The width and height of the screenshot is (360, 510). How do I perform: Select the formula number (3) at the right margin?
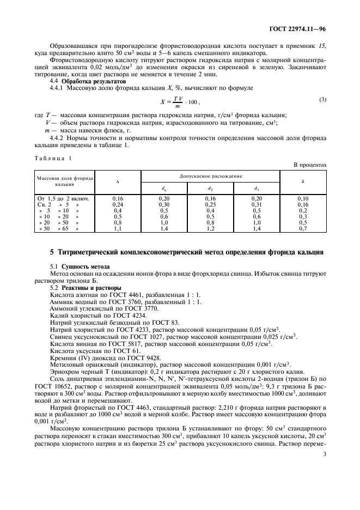(x=322, y=99)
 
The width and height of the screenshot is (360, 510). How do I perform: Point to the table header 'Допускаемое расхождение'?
(x=210, y=177)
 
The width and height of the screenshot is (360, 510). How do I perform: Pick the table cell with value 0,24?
(x=118, y=204)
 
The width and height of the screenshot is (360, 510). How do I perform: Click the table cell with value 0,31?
(x=257, y=204)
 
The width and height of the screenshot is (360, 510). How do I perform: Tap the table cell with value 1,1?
(x=118, y=229)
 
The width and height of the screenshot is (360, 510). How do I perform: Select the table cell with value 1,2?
(x=210, y=229)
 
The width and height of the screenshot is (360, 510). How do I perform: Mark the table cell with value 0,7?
(x=303, y=229)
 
